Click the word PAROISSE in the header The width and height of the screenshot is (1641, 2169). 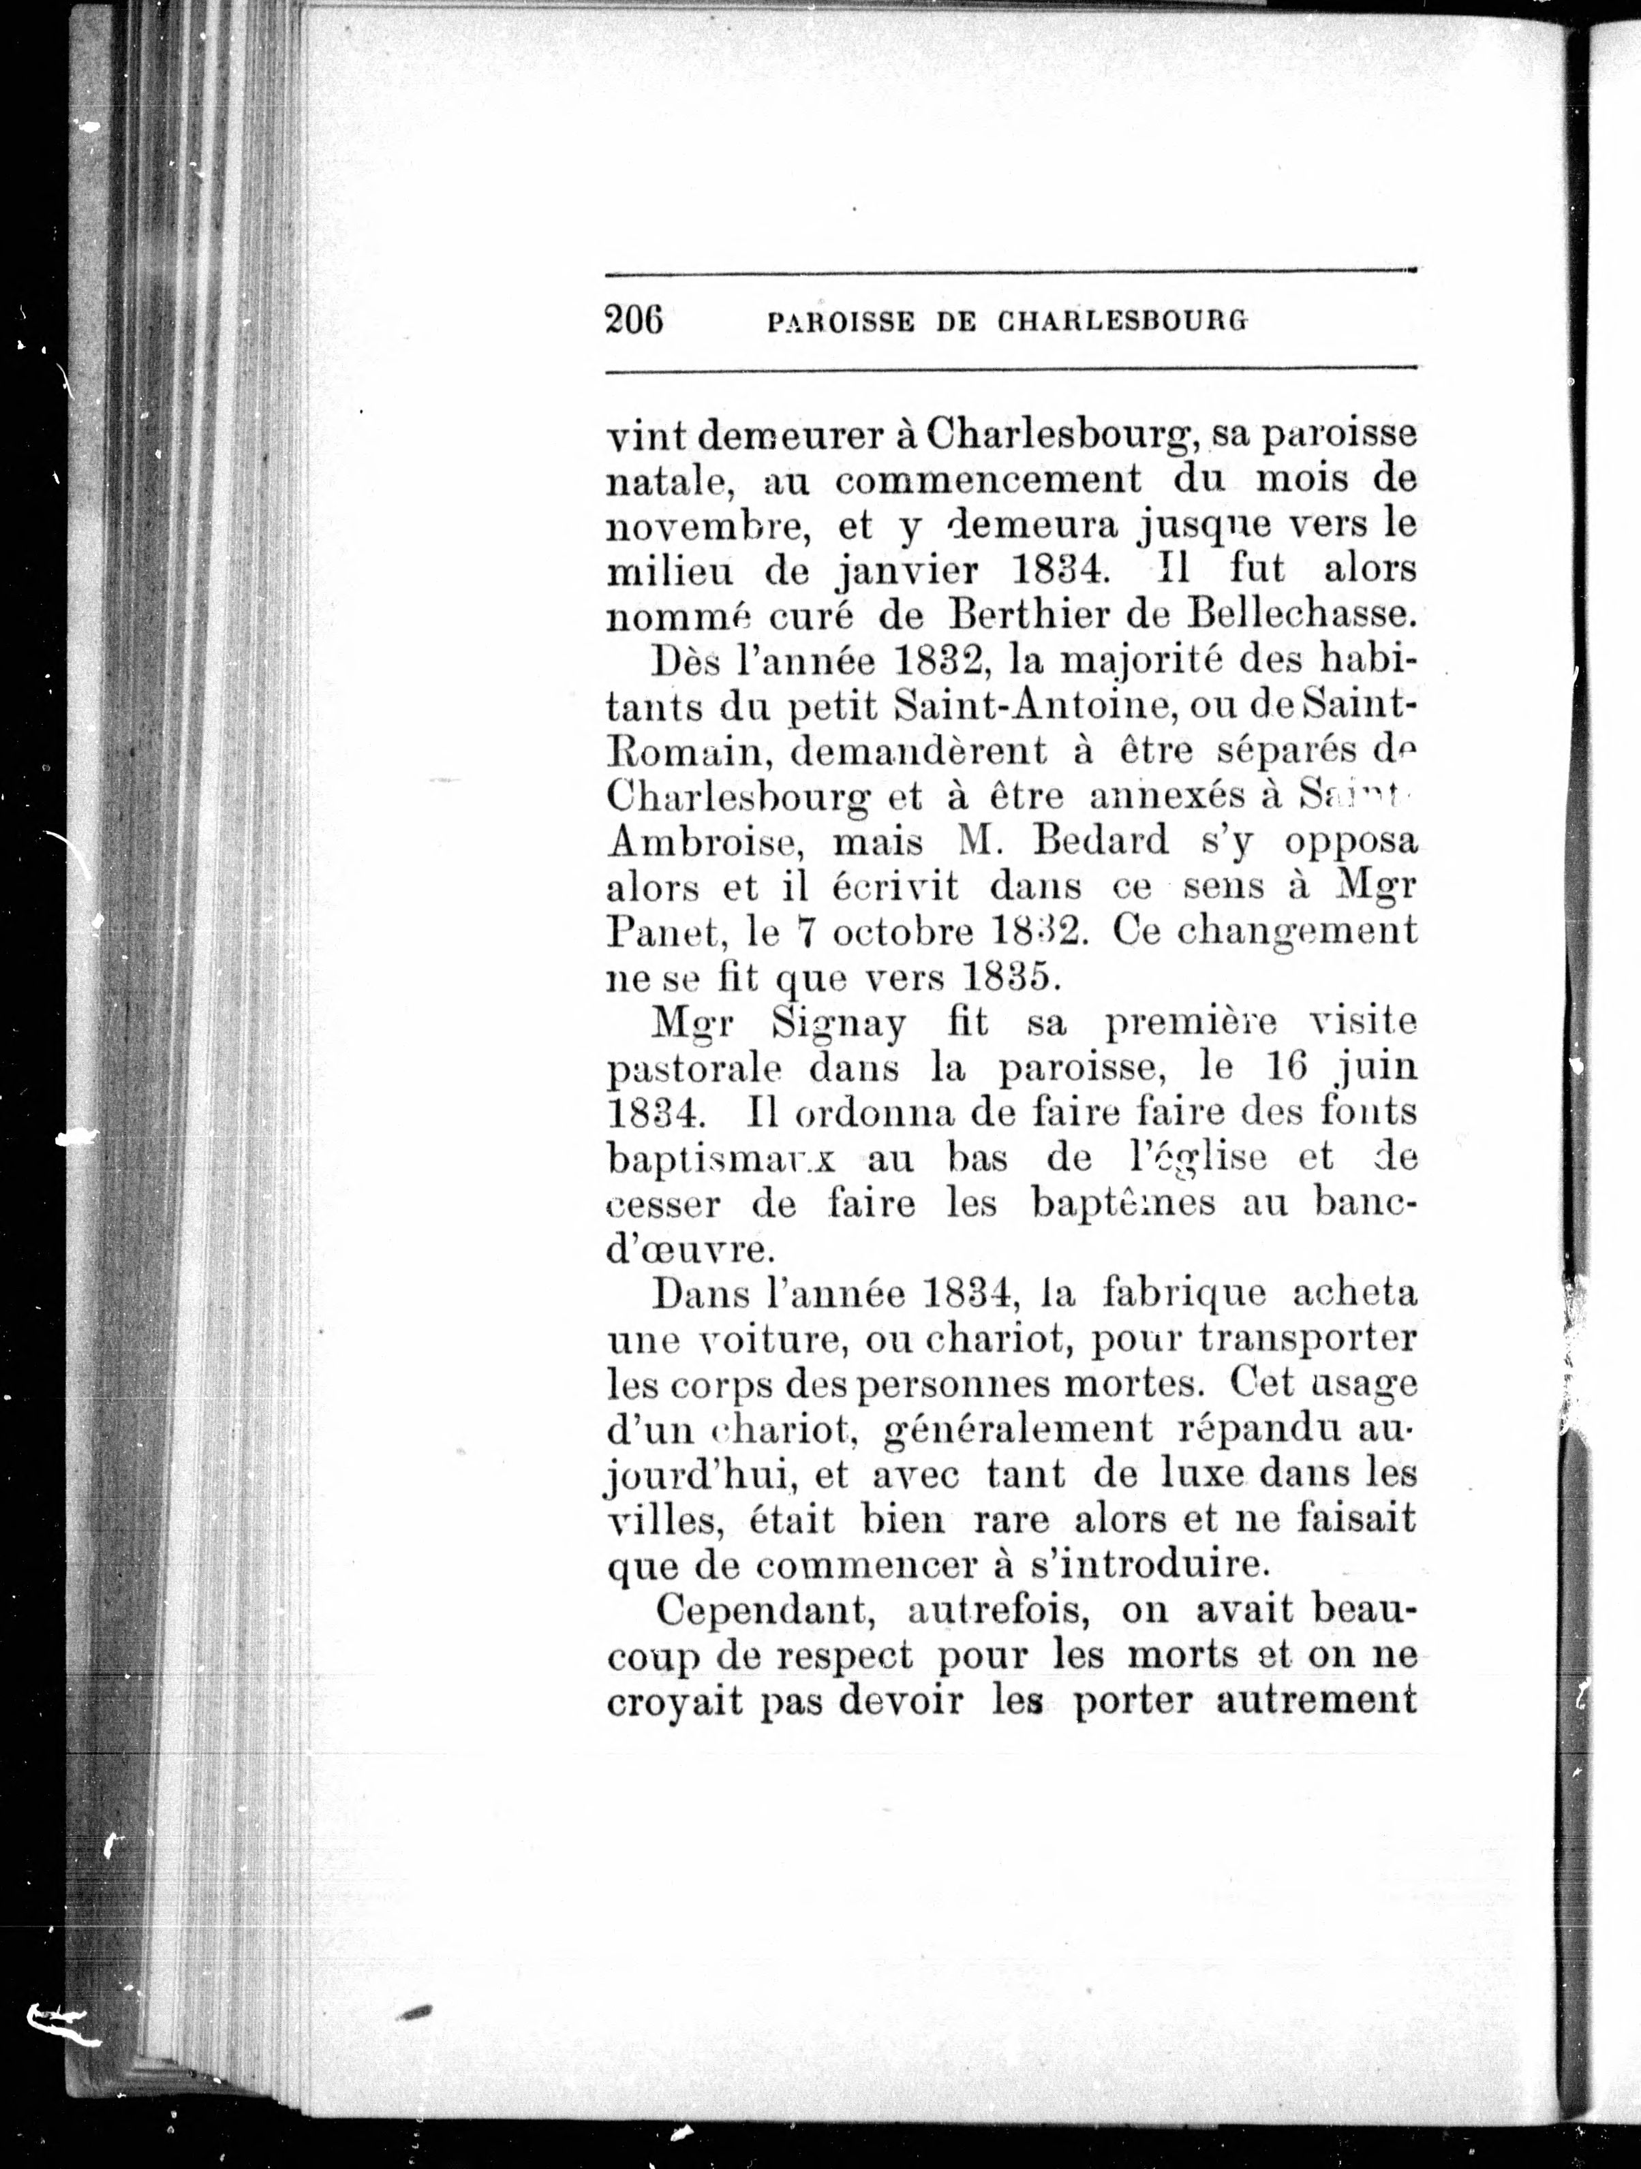(x=841, y=322)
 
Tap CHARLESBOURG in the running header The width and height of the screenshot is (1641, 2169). (x=1123, y=321)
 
